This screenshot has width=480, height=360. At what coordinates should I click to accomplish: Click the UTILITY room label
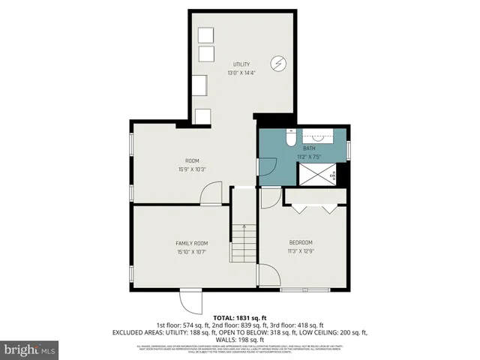point(241,64)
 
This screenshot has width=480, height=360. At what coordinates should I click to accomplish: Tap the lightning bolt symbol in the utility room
point(278,64)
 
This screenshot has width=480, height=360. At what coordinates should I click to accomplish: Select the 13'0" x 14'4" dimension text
point(241,73)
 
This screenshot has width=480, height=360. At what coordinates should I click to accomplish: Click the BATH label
point(309,148)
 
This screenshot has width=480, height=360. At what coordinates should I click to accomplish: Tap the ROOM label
point(192,161)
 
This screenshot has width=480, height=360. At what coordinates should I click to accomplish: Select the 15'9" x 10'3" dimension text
point(192,169)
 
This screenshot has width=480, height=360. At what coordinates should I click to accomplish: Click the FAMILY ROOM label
point(191,244)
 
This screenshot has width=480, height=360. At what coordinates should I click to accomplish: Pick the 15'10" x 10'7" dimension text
point(191,252)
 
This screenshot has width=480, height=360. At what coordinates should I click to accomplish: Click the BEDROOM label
point(301,242)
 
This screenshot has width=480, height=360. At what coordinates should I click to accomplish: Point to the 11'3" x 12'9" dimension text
point(301,250)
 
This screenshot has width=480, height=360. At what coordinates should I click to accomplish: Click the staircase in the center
point(243,241)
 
